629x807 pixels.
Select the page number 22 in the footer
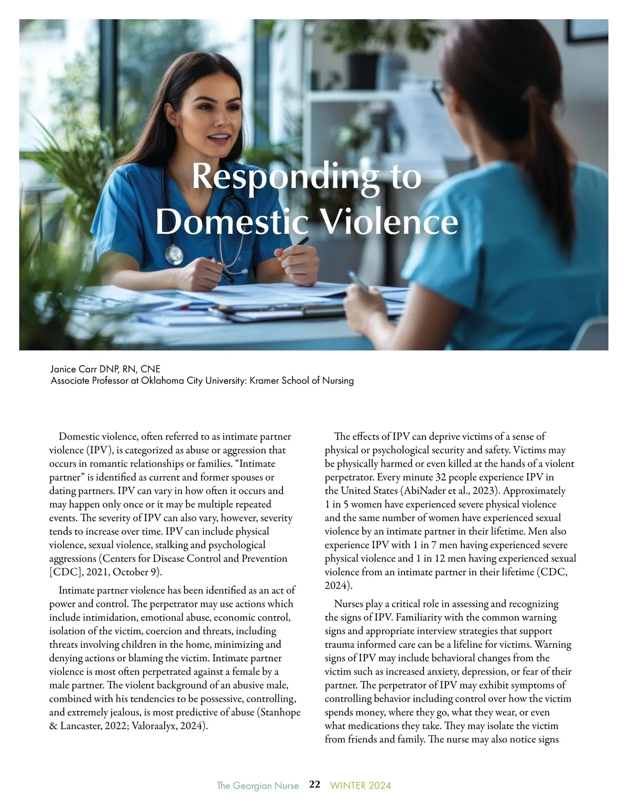[x=314, y=784]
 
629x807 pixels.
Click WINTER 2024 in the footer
[x=360, y=786]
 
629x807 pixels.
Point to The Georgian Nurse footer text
[x=257, y=786]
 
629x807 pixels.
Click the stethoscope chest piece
[x=173, y=254]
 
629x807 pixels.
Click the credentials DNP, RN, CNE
[x=132, y=369]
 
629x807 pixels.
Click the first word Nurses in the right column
[x=349, y=604]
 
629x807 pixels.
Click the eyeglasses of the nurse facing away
[x=438, y=95]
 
